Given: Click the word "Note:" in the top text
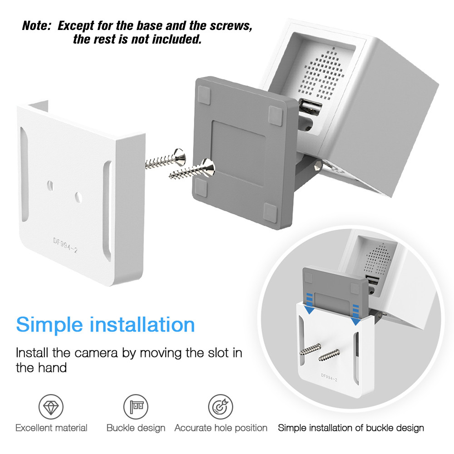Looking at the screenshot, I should [38, 26].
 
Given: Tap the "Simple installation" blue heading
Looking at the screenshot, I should [105, 325].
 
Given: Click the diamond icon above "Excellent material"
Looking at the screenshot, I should [51, 407].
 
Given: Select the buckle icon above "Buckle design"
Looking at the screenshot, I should [136, 407].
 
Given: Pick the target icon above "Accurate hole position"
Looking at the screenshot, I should [221, 407].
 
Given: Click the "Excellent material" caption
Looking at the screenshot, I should [51, 428].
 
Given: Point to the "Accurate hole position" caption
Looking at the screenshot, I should [221, 428].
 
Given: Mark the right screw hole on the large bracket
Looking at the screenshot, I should [79, 196].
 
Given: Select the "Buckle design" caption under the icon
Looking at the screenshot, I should [136, 428].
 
